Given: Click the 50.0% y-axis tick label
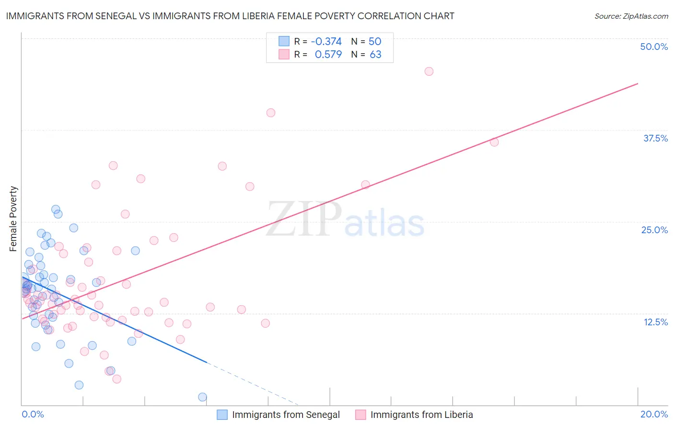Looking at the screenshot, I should coord(654,47).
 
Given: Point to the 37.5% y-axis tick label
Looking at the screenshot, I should coord(655,138).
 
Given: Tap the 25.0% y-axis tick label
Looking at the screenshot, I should coord(654,230).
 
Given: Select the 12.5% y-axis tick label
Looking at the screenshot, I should coord(655,322).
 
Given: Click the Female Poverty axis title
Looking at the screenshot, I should coord(13,219).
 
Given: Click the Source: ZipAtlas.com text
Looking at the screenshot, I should coord(631,16).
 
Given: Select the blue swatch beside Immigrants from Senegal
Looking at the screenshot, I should coord(222,415).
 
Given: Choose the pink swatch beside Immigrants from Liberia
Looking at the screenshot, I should coord(360,415).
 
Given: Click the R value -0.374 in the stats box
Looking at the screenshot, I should coord(326,41).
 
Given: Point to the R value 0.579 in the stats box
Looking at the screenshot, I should coord(328,54).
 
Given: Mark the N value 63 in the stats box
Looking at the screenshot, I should coord(375,54).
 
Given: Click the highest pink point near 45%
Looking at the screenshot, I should coord(429,71).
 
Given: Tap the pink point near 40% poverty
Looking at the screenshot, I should coord(271,113).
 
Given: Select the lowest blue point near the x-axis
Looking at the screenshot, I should coord(202,397).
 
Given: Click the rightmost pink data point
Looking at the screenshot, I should coord(494,142).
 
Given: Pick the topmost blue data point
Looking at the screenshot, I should coord(56,210).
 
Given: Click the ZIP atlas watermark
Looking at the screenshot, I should coord(345,220).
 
